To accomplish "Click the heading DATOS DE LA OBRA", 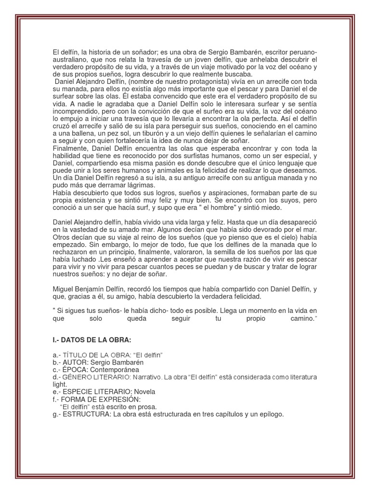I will coord(95,340).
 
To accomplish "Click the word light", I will coord(59,385).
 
